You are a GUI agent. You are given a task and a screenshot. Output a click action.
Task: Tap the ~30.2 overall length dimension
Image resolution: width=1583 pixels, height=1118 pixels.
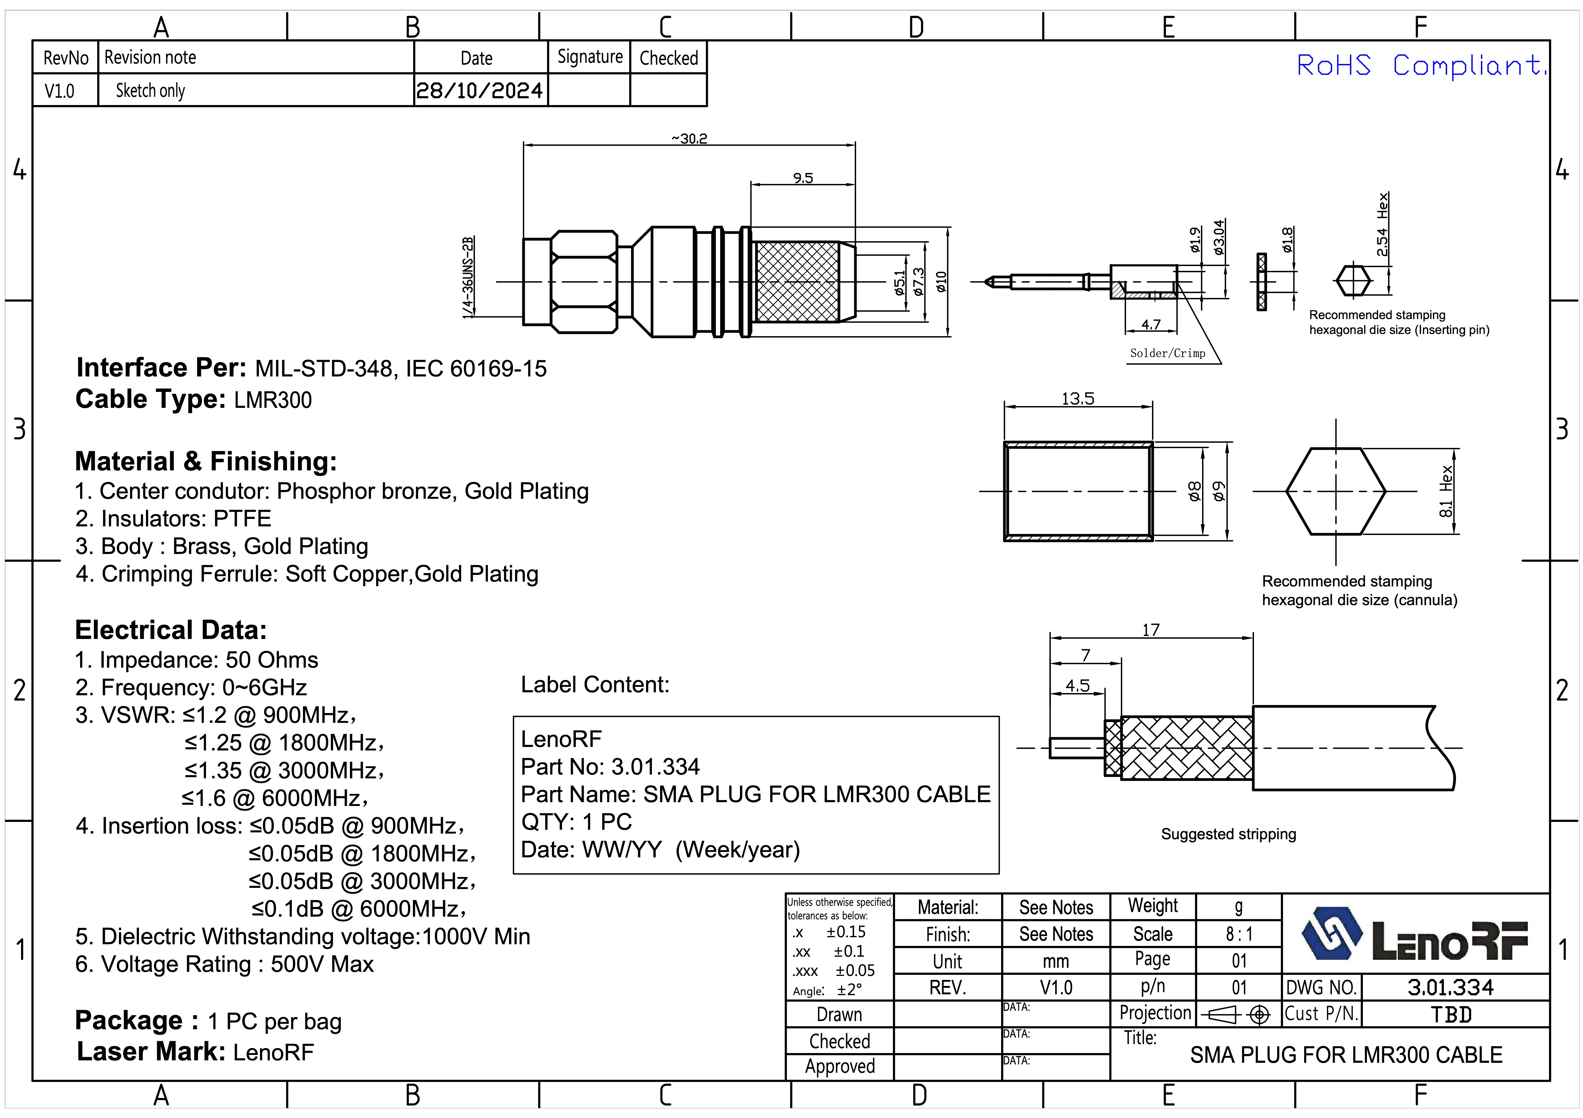click(x=690, y=139)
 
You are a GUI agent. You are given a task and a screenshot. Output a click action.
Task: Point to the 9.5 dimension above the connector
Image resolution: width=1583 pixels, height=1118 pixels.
click(x=802, y=178)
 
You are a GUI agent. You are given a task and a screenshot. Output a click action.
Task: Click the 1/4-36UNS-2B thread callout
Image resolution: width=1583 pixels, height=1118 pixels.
click(x=468, y=278)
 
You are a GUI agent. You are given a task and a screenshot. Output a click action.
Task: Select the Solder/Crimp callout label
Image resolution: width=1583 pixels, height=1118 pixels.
click(x=1167, y=353)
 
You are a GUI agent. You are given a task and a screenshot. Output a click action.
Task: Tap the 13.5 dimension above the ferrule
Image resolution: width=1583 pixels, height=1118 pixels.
click(x=1078, y=398)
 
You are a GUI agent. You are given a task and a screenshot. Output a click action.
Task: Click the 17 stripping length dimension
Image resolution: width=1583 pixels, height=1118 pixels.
click(x=1151, y=629)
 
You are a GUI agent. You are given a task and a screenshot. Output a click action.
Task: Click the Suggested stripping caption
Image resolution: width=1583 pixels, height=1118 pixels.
click(x=1228, y=834)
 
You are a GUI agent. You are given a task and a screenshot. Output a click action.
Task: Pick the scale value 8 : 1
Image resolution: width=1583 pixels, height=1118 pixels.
click(x=1239, y=934)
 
